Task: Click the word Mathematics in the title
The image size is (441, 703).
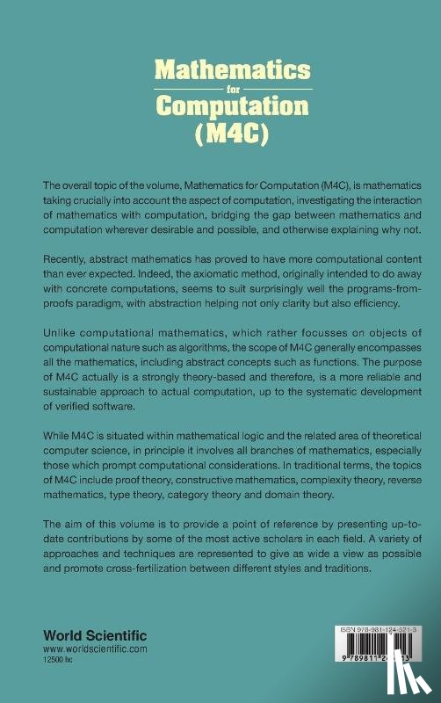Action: [220, 69]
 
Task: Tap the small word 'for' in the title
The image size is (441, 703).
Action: [220, 89]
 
